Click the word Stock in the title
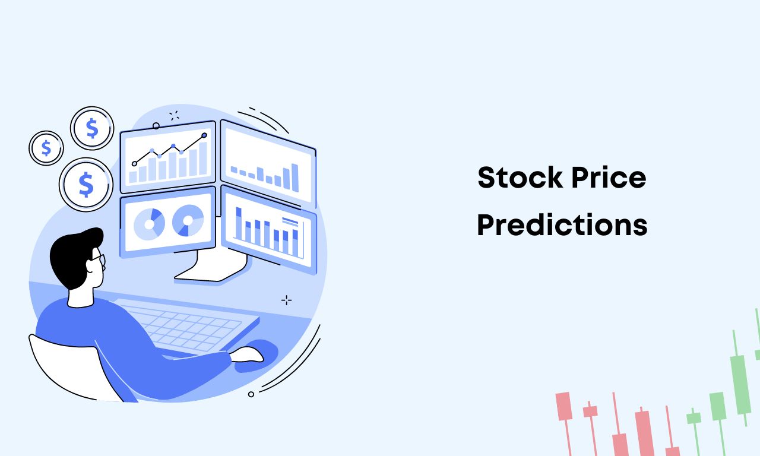[x=520, y=177]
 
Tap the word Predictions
[x=562, y=224]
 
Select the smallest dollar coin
[x=46, y=148]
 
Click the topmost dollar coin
[x=92, y=128]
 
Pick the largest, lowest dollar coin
[x=86, y=184]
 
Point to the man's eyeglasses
[x=99, y=261]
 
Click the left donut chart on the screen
[x=149, y=224]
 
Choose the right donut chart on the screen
[x=188, y=220]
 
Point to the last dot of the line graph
[x=204, y=135]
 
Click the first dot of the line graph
[x=134, y=163]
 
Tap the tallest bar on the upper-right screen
[x=295, y=178]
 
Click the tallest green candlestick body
[x=740, y=385]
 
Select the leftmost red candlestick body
[x=563, y=406]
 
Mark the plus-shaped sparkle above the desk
[x=286, y=300]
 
